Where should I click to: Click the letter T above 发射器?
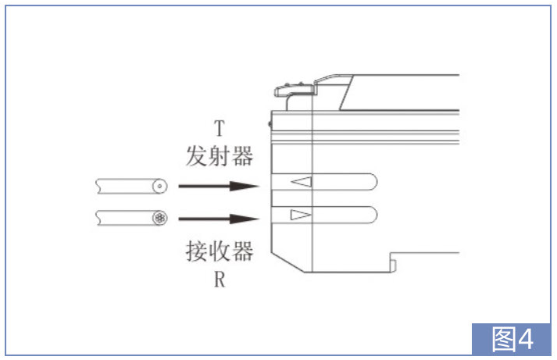(x=220, y=128)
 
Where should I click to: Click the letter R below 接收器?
(x=220, y=279)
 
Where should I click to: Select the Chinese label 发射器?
(x=220, y=155)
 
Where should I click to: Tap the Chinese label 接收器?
(x=220, y=251)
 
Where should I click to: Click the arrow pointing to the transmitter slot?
(x=219, y=186)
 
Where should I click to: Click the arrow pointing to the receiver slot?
(x=219, y=219)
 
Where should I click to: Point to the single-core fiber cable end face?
(x=160, y=186)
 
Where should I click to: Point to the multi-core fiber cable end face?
(x=160, y=218)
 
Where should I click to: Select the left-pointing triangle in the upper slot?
(x=302, y=182)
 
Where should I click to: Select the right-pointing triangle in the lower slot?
(x=301, y=215)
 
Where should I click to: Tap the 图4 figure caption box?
(x=511, y=339)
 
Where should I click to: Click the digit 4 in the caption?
(x=526, y=339)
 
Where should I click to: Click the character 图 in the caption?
(x=505, y=339)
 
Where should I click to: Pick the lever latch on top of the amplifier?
(x=295, y=91)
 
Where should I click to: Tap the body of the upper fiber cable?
(x=124, y=186)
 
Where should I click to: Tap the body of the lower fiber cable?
(x=124, y=218)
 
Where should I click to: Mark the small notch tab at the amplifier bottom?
(x=393, y=265)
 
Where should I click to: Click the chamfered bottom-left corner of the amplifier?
(x=287, y=262)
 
